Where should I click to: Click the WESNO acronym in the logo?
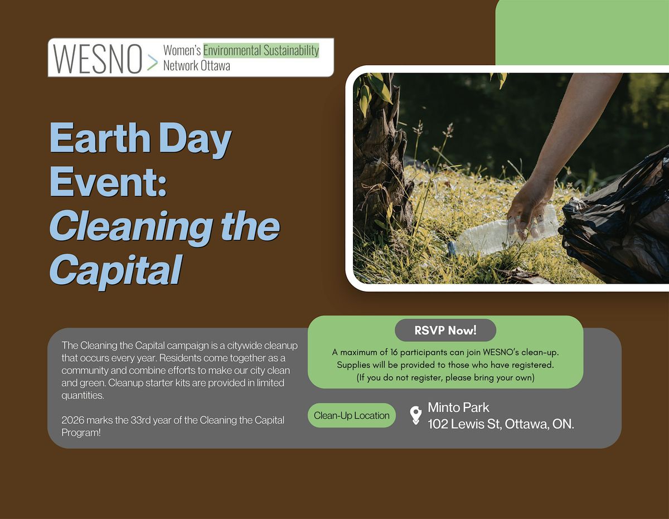(x=98, y=59)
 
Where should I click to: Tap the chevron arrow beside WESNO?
(x=152, y=62)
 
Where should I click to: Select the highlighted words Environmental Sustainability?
(x=261, y=50)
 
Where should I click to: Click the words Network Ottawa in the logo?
(x=196, y=66)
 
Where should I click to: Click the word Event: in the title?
(x=108, y=181)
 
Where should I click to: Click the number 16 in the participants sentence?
(x=394, y=352)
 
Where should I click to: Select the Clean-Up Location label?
(x=352, y=415)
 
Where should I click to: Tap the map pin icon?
(x=416, y=415)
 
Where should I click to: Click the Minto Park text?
(x=458, y=408)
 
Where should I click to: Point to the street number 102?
(x=438, y=424)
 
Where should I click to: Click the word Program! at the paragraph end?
(x=81, y=433)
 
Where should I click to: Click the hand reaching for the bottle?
(x=530, y=210)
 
